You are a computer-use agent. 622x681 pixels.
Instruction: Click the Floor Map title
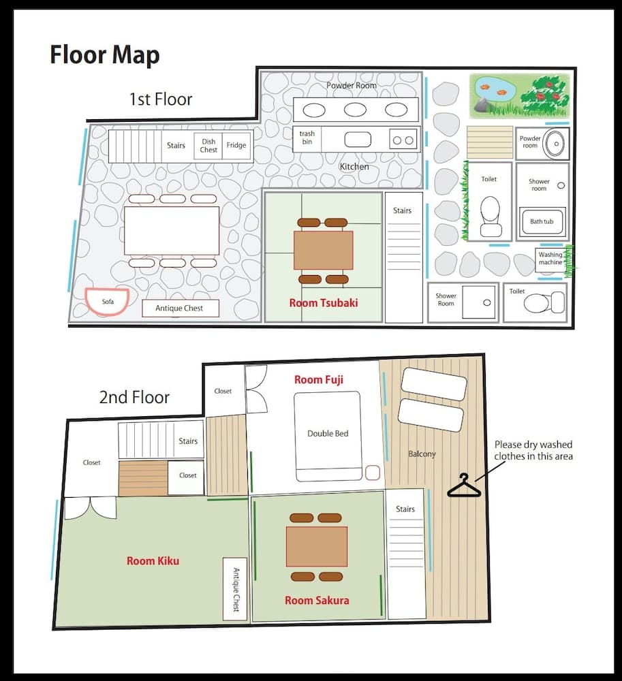coord(105,55)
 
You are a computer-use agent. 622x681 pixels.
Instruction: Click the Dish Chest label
coord(208,146)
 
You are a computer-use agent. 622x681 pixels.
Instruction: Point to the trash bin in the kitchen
coord(307,138)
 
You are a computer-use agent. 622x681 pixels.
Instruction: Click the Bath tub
coord(542,222)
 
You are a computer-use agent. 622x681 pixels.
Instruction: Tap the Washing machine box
coord(550,259)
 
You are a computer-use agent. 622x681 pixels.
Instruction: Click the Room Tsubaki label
coord(324,303)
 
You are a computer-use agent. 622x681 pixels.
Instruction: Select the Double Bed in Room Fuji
coord(328,437)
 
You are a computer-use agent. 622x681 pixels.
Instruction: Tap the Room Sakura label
coord(317,601)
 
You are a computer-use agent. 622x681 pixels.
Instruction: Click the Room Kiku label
coord(153,561)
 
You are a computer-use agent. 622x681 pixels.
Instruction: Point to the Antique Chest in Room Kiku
coord(235,589)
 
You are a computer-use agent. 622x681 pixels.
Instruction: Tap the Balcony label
coord(422,454)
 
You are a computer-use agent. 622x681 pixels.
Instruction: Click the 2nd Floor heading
coord(134,398)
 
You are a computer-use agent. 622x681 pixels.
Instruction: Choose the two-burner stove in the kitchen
coord(403,140)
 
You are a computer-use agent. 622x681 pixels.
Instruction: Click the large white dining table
coord(172,231)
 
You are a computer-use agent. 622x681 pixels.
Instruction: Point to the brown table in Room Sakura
coord(317,546)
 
